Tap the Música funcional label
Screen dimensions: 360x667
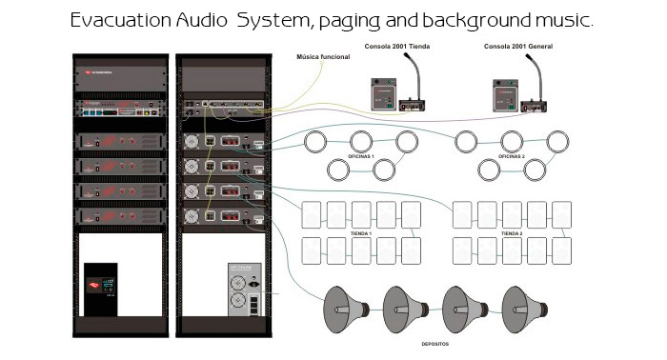click(x=323, y=57)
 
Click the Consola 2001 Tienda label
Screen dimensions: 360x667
click(x=397, y=47)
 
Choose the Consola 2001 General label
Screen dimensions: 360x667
click(x=516, y=47)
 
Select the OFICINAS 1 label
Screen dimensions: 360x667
click(x=360, y=156)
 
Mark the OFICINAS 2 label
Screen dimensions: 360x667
click(x=512, y=156)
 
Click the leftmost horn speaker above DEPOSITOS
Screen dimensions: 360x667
click(x=345, y=307)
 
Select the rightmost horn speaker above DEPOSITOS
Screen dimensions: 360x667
click(x=524, y=307)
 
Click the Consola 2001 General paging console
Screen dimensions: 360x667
click(x=515, y=90)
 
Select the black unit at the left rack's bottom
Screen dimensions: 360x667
click(x=100, y=290)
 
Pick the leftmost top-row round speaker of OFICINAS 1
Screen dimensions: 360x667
click(x=315, y=142)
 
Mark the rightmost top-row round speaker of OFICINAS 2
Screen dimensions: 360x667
click(x=558, y=142)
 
